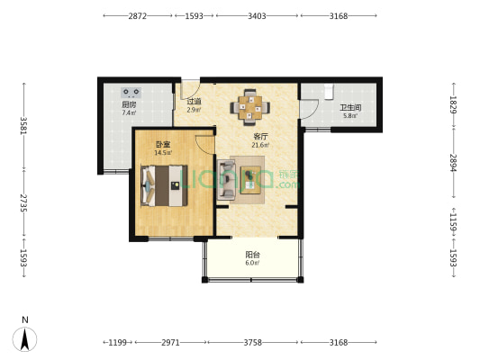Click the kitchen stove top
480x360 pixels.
[x=131, y=92]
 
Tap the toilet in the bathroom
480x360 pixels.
[x=329, y=91]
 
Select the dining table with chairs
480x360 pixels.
[x=250, y=107]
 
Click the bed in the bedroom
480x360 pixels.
[x=164, y=185]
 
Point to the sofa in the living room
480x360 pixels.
[x=226, y=179]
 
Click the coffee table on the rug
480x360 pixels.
[x=250, y=180]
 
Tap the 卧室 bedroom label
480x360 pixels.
[x=163, y=144]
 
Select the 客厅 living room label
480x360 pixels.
[x=260, y=137]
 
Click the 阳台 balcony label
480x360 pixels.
[x=252, y=255]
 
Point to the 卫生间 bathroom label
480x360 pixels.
[x=350, y=108]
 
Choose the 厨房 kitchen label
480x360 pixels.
[x=129, y=104]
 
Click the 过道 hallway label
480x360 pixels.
[x=195, y=101]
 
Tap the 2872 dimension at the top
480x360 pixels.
[x=138, y=16]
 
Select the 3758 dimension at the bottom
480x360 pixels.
[x=252, y=343]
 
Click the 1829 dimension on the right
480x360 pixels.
[x=453, y=104]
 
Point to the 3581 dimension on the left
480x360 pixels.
[x=24, y=126]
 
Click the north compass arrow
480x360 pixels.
[x=25, y=339]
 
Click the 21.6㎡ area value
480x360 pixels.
[x=260, y=145]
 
